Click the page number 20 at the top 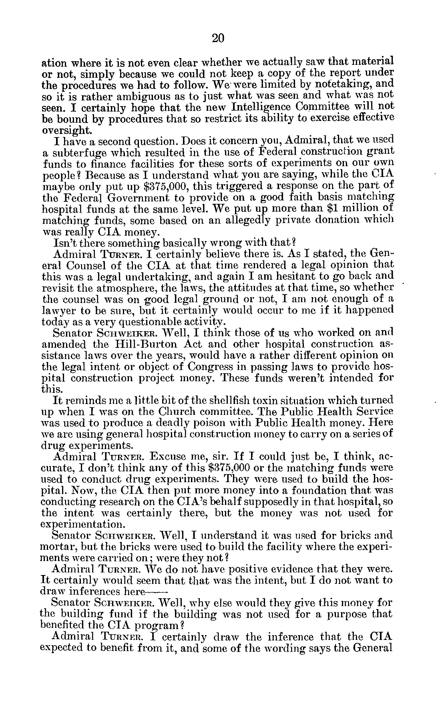218,38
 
